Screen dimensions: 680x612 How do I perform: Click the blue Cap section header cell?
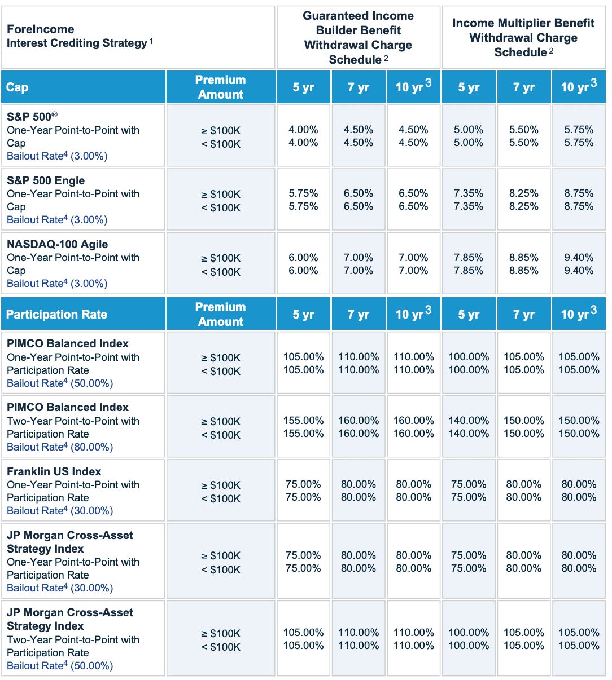pyautogui.click(x=83, y=87)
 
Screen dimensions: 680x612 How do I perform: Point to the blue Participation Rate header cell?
pyautogui.click(x=83, y=315)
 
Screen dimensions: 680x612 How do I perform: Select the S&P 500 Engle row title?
pyautogui.click(x=46, y=180)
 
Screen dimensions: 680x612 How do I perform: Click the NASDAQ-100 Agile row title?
pyautogui.click(x=57, y=244)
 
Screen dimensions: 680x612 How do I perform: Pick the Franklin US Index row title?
pyautogui.click(x=54, y=471)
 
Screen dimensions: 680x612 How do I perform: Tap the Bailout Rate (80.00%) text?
pyautogui.click(x=60, y=447)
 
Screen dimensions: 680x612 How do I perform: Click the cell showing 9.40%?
pyautogui.click(x=579, y=264)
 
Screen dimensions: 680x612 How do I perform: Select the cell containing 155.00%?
pyautogui.click(x=303, y=427)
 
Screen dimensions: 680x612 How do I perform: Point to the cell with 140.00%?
pyautogui.click(x=469, y=427)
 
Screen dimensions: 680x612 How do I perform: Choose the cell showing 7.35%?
pyautogui.click(x=469, y=200)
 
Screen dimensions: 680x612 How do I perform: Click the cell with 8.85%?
pyautogui.click(x=523, y=264)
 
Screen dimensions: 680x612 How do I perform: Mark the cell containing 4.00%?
pyautogui.click(x=303, y=136)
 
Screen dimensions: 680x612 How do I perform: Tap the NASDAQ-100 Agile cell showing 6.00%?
pyautogui.click(x=303, y=264)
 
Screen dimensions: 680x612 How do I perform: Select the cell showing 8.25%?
pyautogui.click(x=523, y=200)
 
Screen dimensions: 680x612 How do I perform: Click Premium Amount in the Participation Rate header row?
pyautogui.click(x=220, y=315)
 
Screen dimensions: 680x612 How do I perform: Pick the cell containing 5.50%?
pyautogui.click(x=523, y=136)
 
